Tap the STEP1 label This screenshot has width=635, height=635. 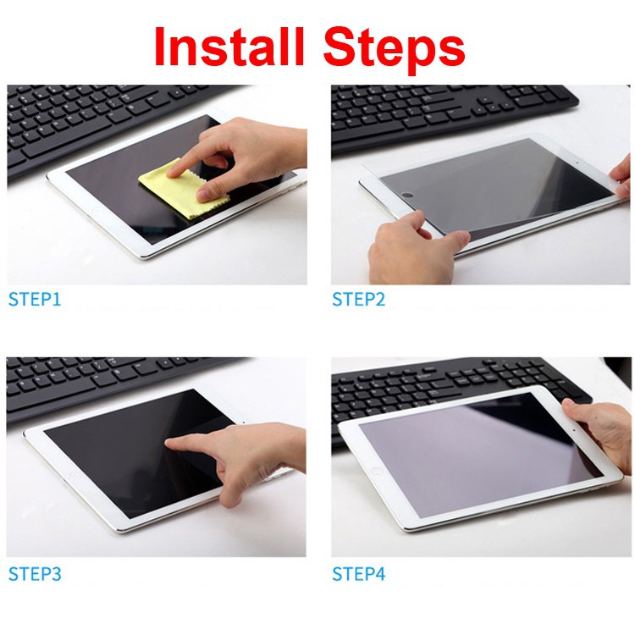pyautogui.click(x=35, y=298)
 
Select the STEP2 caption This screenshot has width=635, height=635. pyautogui.click(x=358, y=298)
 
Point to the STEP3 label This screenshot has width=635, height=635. pyautogui.click(x=35, y=573)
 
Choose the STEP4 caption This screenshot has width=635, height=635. pyautogui.click(x=358, y=573)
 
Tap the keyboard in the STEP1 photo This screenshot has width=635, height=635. pyautogui.click(x=93, y=127)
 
